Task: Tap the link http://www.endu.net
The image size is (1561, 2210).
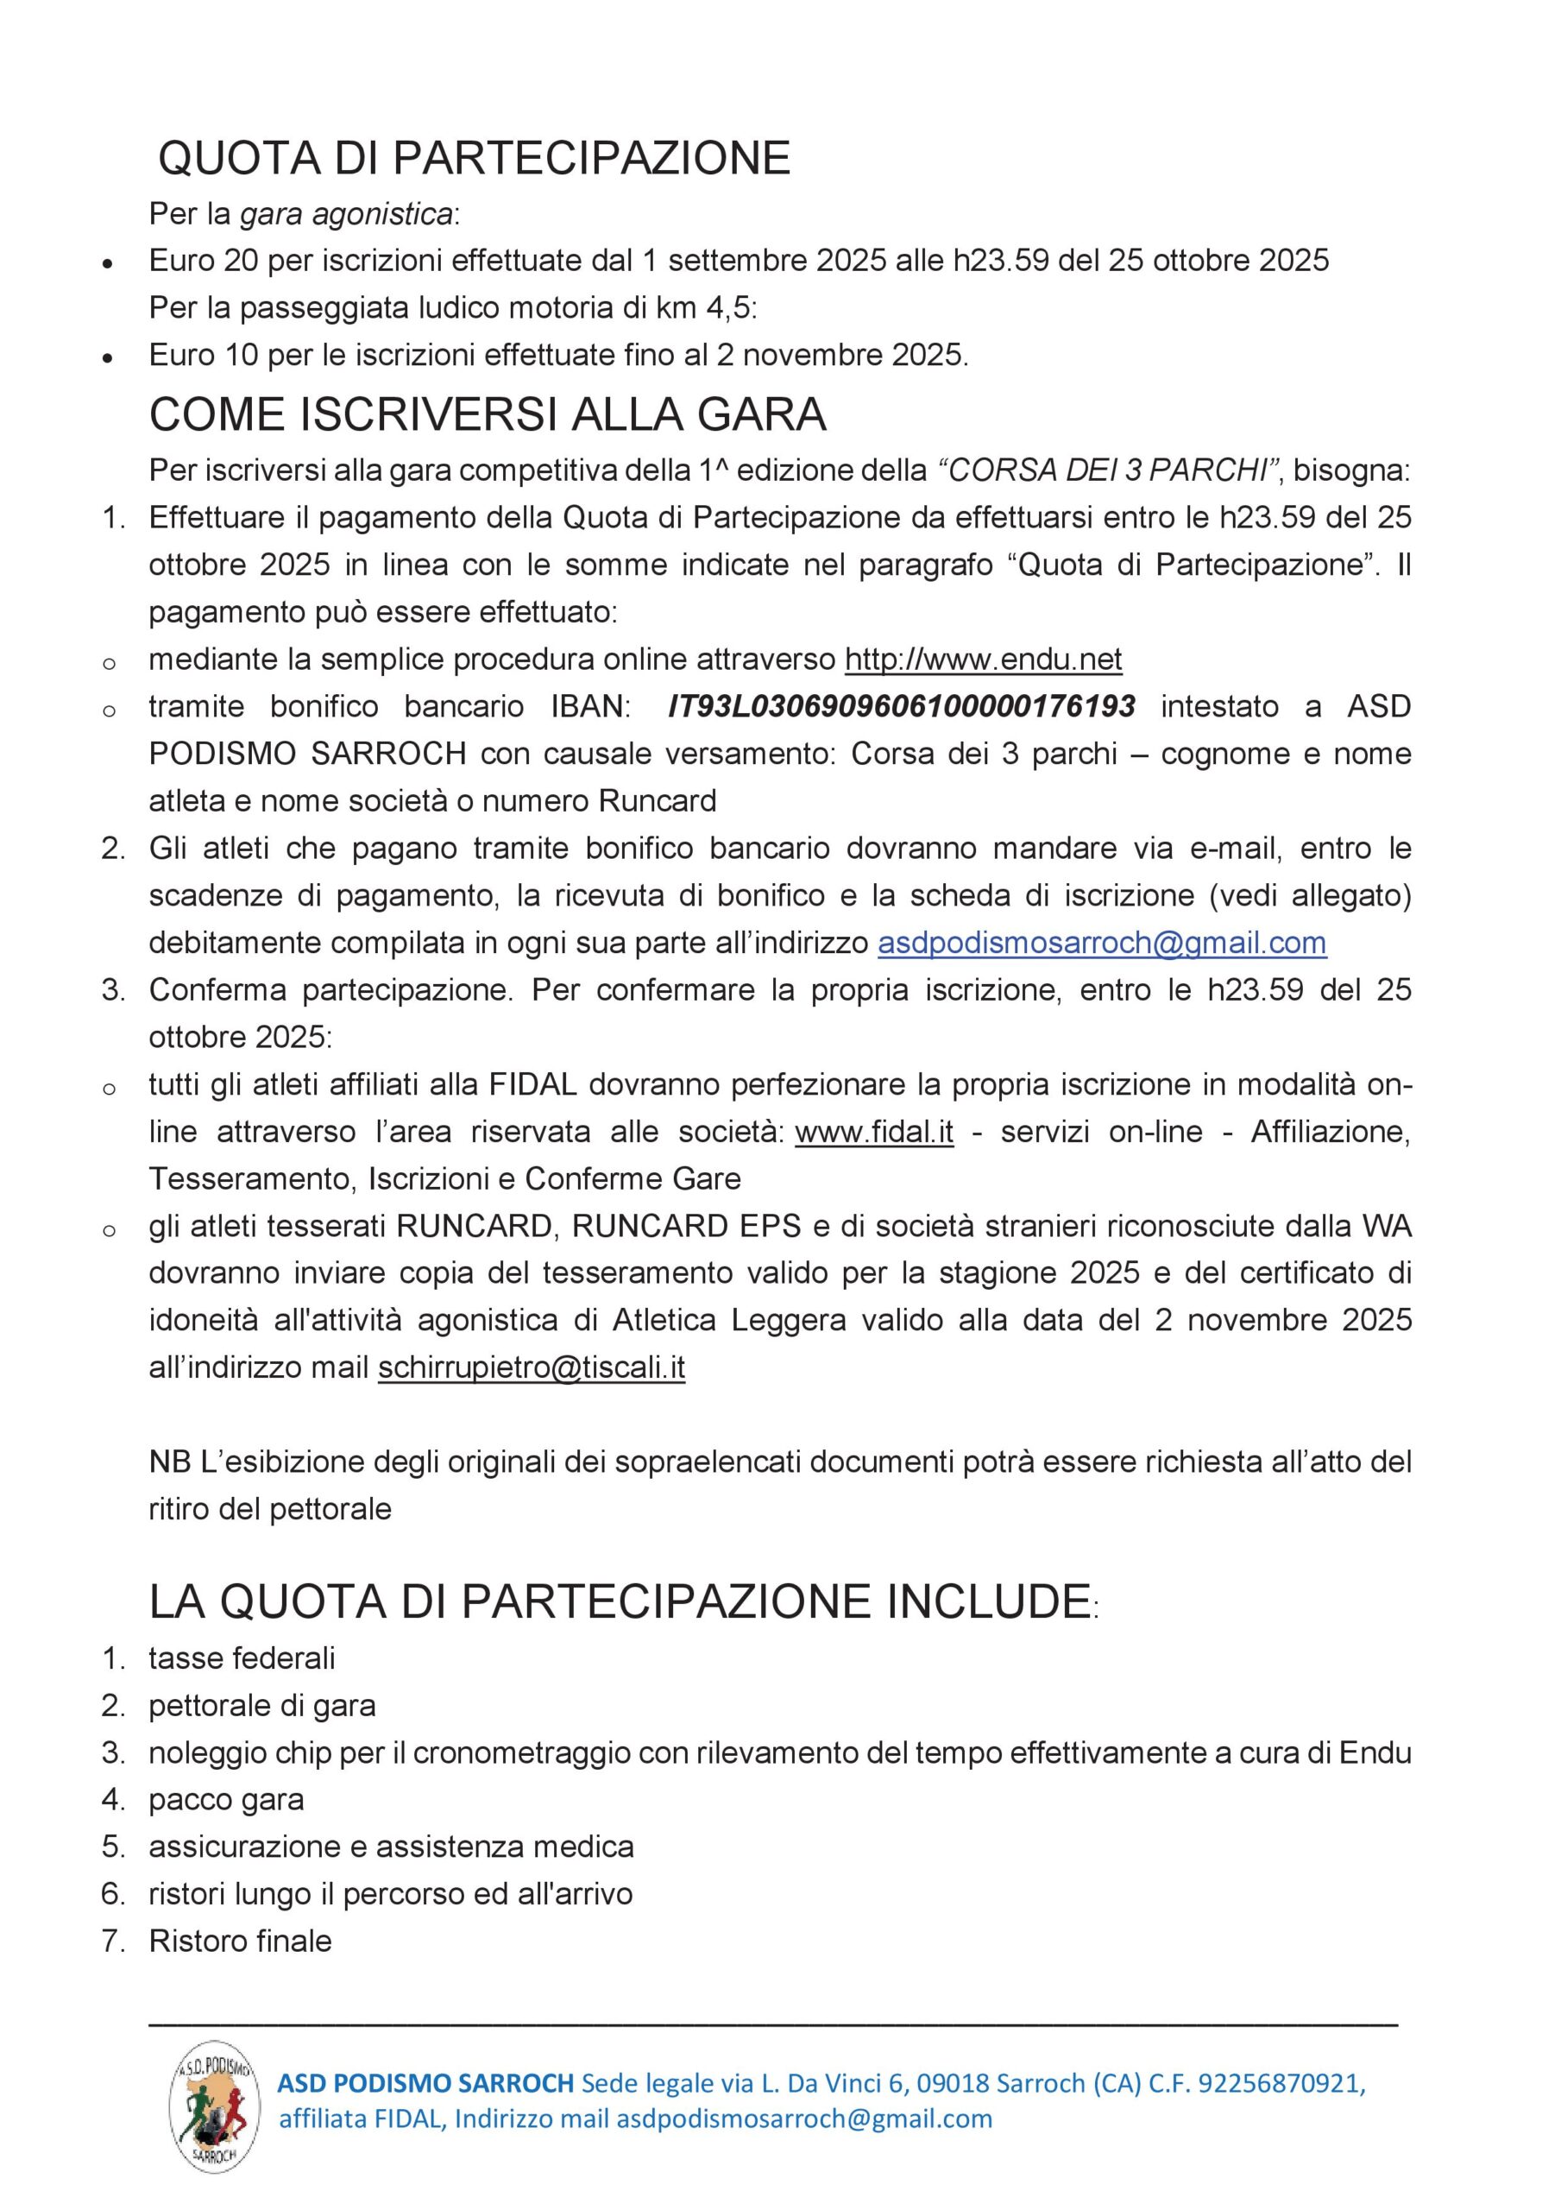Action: point(983,660)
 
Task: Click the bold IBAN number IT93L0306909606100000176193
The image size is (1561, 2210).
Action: point(901,706)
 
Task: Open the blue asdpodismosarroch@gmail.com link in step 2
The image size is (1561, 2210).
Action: point(1101,943)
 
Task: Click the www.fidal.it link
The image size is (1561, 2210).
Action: point(874,1132)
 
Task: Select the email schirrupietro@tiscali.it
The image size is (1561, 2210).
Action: point(532,1367)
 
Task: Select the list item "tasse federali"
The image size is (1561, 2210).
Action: point(242,1658)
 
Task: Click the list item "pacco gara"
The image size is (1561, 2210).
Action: point(226,1800)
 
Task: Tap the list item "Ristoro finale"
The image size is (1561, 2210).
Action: point(240,1942)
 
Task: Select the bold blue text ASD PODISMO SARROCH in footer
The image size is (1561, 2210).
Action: point(425,2084)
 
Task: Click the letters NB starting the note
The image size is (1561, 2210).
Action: point(169,1462)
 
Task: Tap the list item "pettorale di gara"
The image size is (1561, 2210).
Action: point(261,1706)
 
